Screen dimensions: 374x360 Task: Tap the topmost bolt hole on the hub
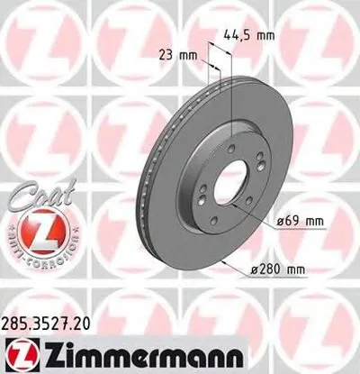pos(232,151)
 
